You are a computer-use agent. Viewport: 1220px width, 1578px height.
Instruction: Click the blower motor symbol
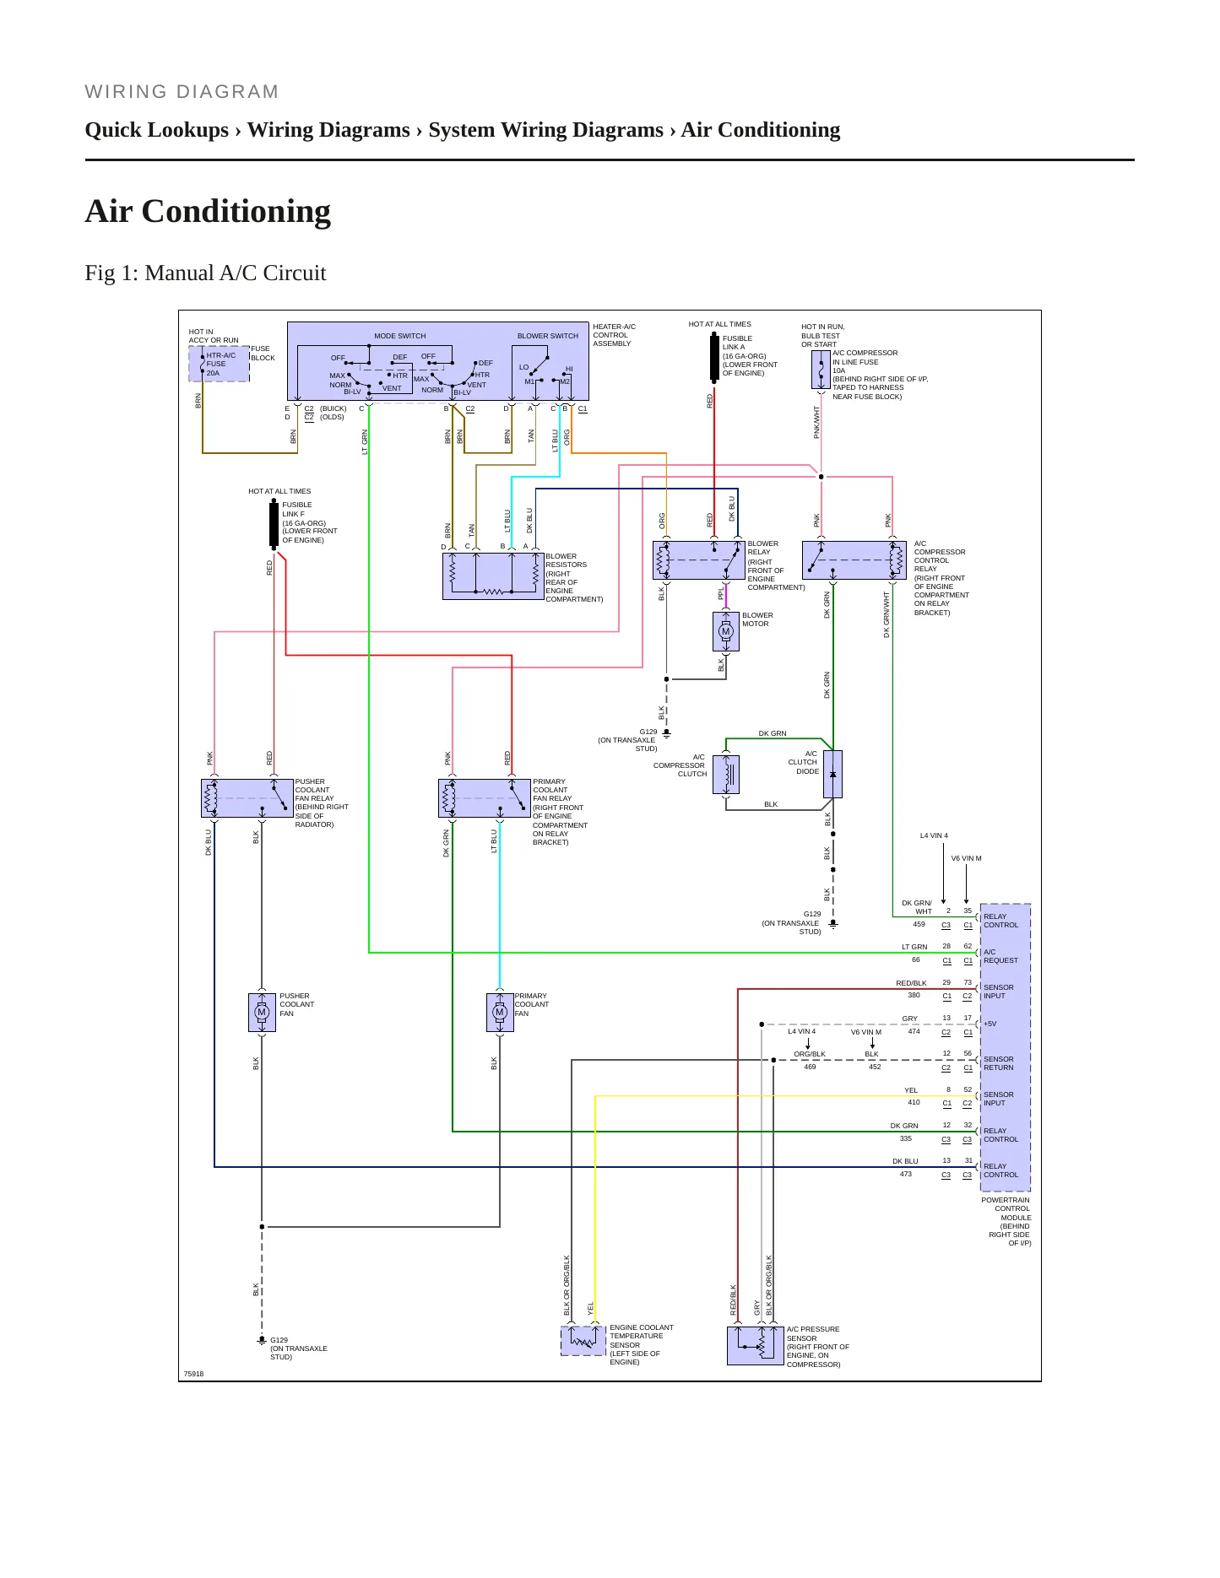click(725, 631)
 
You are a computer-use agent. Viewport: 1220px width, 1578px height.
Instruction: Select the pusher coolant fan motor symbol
click(262, 1012)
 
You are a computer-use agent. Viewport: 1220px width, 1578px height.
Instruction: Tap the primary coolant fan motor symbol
click(500, 1012)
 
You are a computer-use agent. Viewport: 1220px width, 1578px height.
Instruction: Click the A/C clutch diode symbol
click(832, 774)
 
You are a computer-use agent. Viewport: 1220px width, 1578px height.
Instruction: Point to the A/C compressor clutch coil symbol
click(726, 774)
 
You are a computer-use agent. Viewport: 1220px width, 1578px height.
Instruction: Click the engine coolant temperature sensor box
click(583, 1341)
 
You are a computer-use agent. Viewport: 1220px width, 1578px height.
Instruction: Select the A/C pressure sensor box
click(756, 1345)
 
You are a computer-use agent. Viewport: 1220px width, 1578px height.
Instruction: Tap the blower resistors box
click(493, 576)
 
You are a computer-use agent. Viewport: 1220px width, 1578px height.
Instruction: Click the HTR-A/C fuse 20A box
click(219, 364)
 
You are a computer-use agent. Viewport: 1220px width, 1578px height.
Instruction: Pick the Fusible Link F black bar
click(274, 524)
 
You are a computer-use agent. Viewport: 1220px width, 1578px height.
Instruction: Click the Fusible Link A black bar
click(714, 358)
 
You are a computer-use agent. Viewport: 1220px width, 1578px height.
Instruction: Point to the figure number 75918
click(194, 1374)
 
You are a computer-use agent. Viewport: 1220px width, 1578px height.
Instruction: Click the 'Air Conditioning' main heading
click(208, 211)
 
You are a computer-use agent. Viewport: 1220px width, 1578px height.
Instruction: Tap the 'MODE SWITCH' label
click(400, 336)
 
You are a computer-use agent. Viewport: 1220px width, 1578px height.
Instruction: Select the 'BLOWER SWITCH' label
click(548, 336)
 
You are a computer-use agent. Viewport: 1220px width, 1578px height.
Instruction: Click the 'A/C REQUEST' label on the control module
click(1000, 956)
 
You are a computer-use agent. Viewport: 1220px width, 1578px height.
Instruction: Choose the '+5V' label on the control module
click(990, 1024)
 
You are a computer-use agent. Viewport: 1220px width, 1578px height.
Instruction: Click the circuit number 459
click(919, 924)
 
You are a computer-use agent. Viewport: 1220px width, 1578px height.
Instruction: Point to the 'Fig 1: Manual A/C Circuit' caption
click(205, 273)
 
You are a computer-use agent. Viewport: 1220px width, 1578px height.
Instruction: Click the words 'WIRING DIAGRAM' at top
click(182, 92)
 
